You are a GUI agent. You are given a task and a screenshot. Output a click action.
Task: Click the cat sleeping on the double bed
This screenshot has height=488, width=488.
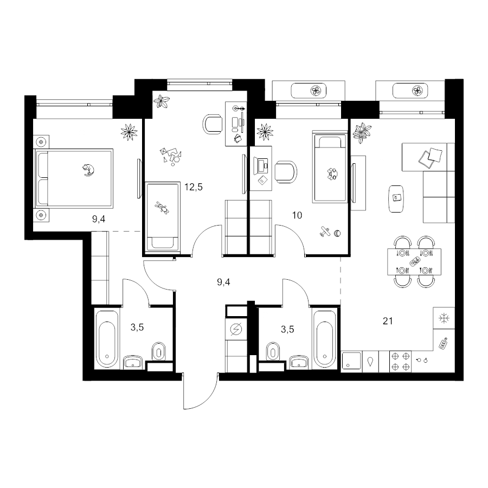(x=88, y=170)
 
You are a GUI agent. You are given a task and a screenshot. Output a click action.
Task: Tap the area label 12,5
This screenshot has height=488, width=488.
(x=193, y=187)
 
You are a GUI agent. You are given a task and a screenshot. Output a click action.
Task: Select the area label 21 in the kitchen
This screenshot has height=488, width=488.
(x=388, y=321)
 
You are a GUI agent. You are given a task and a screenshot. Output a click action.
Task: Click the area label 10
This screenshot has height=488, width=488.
(x=297, y=215)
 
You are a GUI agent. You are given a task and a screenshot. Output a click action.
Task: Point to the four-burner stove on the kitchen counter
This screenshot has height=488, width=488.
(x=400, y=361)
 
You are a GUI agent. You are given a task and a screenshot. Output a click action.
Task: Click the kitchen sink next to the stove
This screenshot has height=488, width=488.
(x=352, y=361)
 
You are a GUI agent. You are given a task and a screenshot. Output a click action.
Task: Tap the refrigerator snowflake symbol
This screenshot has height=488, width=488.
(x=444, y=318)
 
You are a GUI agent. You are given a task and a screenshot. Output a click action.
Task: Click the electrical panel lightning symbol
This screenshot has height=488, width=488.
(x=236, y=329)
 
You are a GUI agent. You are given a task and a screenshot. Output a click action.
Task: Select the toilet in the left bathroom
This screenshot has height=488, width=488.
(x=159, y=352)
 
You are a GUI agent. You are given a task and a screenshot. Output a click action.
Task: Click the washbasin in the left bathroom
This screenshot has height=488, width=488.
(x=133, y=362)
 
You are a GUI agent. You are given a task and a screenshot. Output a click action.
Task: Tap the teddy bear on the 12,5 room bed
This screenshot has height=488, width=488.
(x=162, y=207)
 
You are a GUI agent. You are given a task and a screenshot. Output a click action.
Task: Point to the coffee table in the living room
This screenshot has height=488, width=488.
(x=396, y=199)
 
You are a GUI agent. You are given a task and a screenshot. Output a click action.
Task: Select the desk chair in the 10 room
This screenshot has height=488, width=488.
(x=286, y=172)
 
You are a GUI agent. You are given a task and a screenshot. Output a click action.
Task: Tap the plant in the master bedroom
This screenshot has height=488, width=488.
(x=129, y=132)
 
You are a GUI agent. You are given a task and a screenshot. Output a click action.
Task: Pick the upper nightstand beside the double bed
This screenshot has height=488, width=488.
(x=41, y=142)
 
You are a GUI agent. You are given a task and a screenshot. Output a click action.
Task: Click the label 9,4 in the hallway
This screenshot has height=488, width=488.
(x=223, y=282)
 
